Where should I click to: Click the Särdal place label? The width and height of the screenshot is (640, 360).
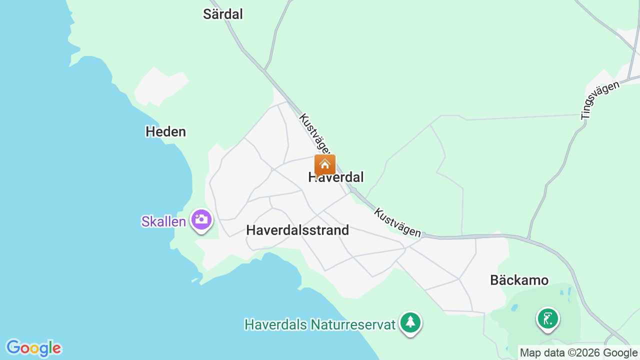pyautogui.click(x=222, y=14)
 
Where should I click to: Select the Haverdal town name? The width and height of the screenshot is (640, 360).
pyautogui.click(x=336, y=177)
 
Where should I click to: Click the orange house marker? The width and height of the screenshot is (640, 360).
pyautogui.click(x=325, y=164)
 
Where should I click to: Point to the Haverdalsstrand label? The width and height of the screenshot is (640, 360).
pyautogui.click(x=297, y=230)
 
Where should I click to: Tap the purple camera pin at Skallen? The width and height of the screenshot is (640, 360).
pyautogui.click(x=201, y=219)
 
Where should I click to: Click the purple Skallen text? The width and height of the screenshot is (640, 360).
pyautogui.click(x=163, y=221)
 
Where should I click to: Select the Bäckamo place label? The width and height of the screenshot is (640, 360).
pyautogui.click(x=519, y=280)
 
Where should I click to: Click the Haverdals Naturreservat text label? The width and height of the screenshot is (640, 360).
pyautogui.click(x=320, y=324)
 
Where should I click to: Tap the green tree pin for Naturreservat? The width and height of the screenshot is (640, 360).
pyautogui.click(x=410, y=322)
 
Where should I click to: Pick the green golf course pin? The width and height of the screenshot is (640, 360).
pyautogui.click(x=548, y=318)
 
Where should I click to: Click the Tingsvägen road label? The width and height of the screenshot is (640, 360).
pyautogui.click(x=600, y=100)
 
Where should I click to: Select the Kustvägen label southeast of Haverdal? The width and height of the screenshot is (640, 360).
pyautogui.click(x=397, y=222)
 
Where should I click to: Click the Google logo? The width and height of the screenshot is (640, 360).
pyautogui.click(x=33, y=348)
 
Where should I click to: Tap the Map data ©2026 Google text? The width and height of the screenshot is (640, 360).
pyautogui.click(x=579, y=352)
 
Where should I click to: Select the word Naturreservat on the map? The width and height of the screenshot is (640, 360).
pyautogui.click(x=353, y=324)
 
